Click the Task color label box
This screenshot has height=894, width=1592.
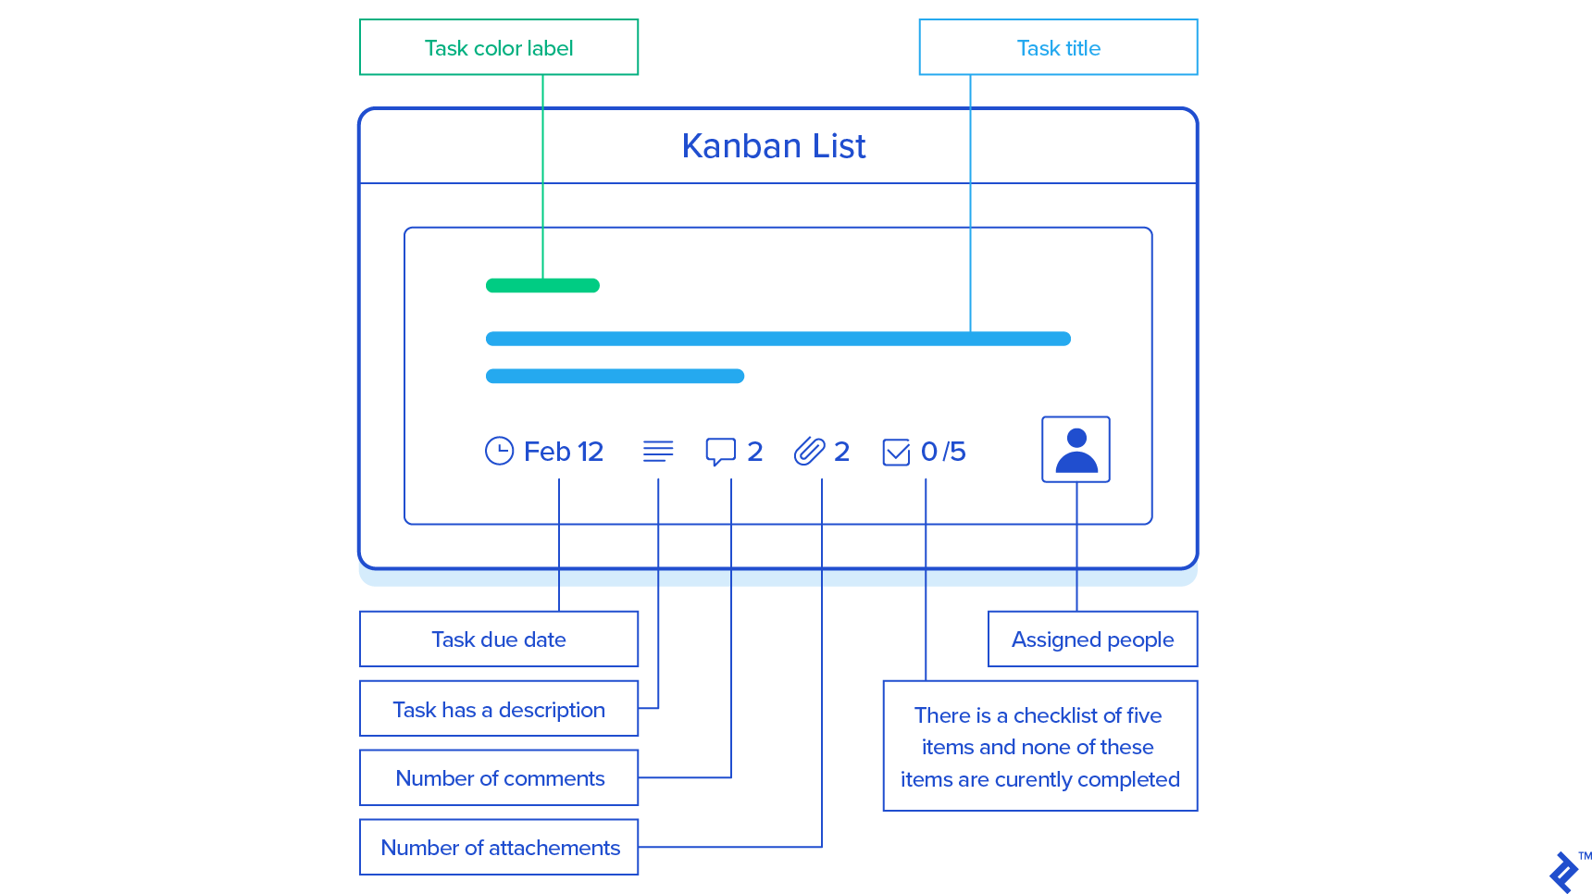(499, 47)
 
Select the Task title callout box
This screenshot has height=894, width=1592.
(1058, 47)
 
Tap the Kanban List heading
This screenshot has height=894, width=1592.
(774, 146)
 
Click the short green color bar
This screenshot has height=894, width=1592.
(542, 285)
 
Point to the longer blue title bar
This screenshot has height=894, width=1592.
(777, 339)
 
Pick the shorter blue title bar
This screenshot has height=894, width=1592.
(615, 376)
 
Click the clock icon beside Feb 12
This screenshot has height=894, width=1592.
(499, 451)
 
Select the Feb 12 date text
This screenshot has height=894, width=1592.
(564, 452)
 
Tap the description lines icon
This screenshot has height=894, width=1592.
(658, 451)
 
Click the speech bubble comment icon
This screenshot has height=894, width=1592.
(720, 451)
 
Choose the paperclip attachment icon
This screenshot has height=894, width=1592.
(809, 451)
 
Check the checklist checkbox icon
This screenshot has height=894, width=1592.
(896, 452)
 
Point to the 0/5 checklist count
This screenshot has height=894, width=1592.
(943, 452)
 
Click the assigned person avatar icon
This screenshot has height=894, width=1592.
(1076, 450)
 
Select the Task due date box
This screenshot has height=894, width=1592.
(499, 639)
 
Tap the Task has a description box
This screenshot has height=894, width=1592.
(499, 709)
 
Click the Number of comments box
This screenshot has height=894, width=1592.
(499, 778)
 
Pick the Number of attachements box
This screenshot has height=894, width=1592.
(499, 848)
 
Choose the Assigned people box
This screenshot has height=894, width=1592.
(1092, 639)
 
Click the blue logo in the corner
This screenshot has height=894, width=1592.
(1563, 872)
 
